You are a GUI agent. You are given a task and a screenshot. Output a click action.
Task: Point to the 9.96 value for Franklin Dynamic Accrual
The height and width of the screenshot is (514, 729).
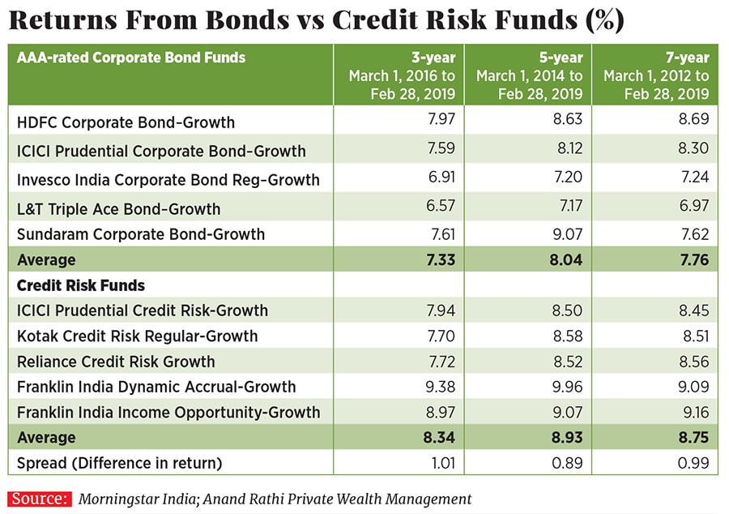(565, 387)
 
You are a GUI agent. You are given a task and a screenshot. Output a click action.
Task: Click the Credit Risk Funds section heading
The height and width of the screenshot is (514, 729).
(80, 285)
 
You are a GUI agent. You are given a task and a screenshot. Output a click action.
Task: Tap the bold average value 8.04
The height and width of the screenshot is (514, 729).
(564, 260)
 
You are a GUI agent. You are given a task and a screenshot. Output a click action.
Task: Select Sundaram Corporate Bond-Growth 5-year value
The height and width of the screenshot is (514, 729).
(565, 234)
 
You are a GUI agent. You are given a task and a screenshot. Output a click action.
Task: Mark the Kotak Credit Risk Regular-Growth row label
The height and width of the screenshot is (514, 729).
(137, 336)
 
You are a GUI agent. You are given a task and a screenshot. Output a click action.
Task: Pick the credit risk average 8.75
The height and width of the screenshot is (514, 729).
(693, 438)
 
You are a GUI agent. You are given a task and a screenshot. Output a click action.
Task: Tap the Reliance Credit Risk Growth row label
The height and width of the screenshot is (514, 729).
(116, 362)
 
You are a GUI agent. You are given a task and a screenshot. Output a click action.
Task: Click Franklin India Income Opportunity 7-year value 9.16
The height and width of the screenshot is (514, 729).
(693, 413)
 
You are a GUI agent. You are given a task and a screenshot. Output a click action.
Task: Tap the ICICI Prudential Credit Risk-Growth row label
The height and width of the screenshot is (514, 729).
(143, 311)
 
